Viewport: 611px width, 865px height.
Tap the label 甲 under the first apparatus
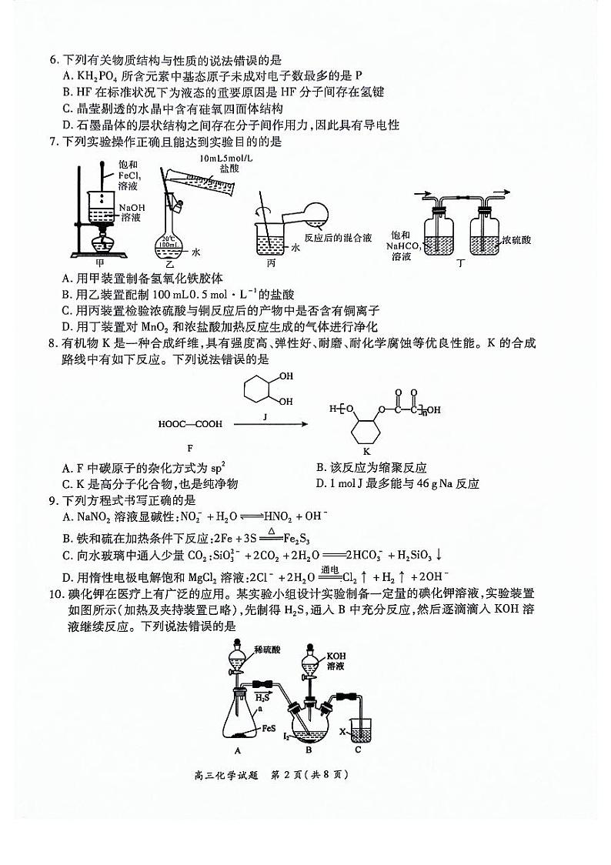97,262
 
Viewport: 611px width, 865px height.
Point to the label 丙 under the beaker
271,262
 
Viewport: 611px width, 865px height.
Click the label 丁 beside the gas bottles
461,262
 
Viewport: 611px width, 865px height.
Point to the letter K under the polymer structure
366,450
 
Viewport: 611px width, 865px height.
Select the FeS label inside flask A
269,726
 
